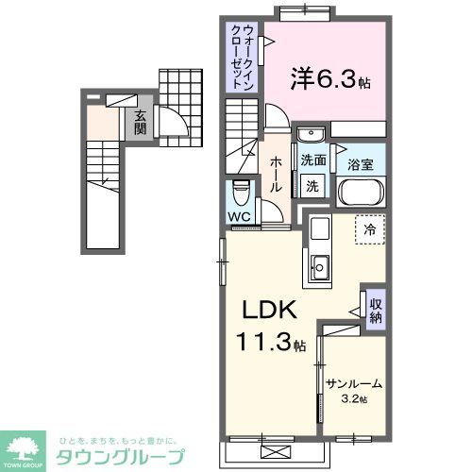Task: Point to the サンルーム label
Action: click(353, 383)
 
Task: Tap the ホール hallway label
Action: click(276, 176)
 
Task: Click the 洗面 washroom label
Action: click(313, 161)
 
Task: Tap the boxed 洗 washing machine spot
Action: click(312, 185)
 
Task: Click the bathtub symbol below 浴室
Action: click(362, 193)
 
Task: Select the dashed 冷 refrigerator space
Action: click(371, 229)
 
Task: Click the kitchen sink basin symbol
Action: click(318, 268)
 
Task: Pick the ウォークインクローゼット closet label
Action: click(242, 57)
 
